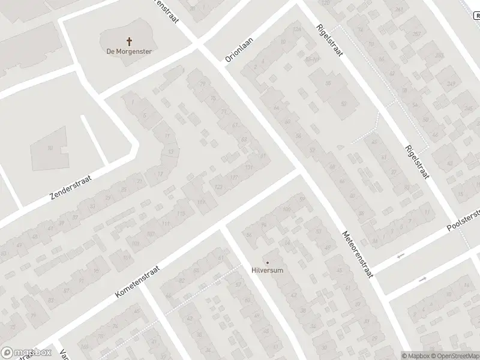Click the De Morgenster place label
[x=129, y=52]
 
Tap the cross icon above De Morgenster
[x=129, y=41]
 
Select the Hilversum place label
[x=267, y=271]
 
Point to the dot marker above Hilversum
[x=267, y=262]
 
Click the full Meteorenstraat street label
[x=358, y=254]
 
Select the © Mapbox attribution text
[x=415, y=356]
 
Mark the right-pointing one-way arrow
[x=422, y=279]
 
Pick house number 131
[x=248, y=167]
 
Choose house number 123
[x=218, y=188]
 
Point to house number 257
[x=415, y=33]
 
